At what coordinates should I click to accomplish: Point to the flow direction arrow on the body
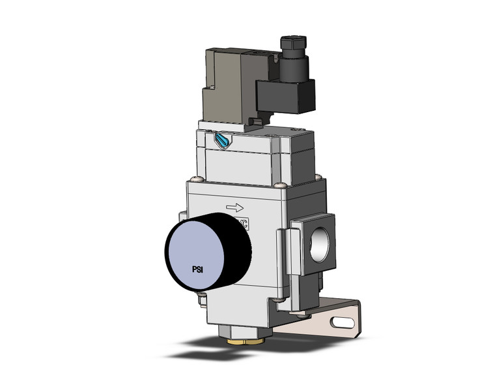tap(234, 207)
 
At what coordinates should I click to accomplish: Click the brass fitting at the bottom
tap(233, 339)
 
